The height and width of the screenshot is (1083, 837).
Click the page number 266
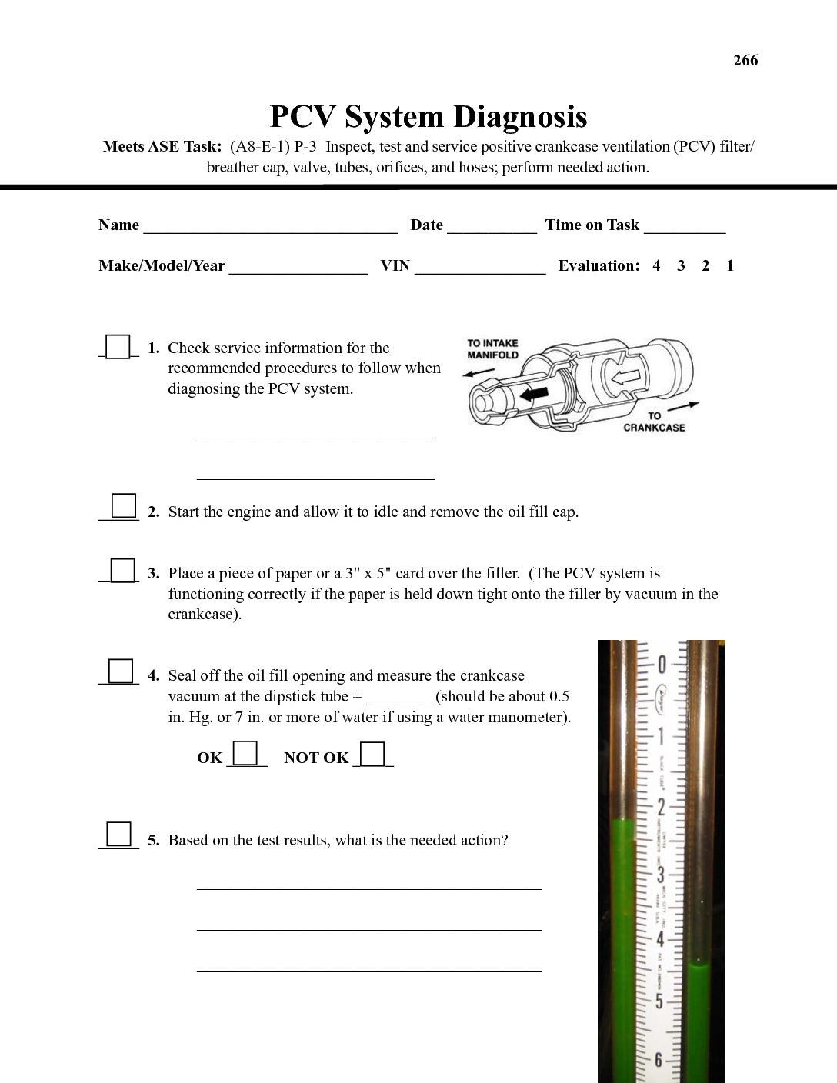pos(745,61)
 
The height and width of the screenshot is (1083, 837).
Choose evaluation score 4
pos(656,266)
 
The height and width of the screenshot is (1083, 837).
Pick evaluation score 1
pos(729,266)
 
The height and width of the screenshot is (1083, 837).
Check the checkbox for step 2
pos(123,506)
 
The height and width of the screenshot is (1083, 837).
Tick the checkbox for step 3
pos(122,571)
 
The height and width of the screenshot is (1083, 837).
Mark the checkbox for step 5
pos(118,834)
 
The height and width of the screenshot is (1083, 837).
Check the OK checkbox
pos(245,752)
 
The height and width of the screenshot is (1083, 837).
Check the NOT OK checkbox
pos(372,753)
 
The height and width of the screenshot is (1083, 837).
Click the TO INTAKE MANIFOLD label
pos(492,349)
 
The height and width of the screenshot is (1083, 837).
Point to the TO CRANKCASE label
pos(654,422)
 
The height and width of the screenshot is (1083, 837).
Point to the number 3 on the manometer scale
pos(659,875)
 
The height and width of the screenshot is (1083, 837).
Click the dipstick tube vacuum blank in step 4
pos(398,698)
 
